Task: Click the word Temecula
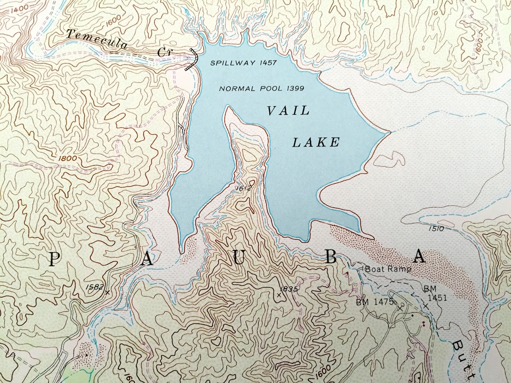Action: click(x=96, y=39)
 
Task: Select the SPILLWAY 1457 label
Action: click(x=243, y=63)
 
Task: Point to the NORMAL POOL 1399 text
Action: click(x=261, y=89)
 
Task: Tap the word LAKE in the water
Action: click(x=316, y=143)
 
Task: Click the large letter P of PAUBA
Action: click(x=54, y=259)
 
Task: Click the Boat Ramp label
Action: click(x=388, y=270)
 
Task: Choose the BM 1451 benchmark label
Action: click(x=434, y=293)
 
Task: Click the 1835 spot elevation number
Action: click(x=290, y=289)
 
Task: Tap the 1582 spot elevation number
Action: click(x=94, y=287)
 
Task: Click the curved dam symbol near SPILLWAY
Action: click(x=194, y=59)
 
